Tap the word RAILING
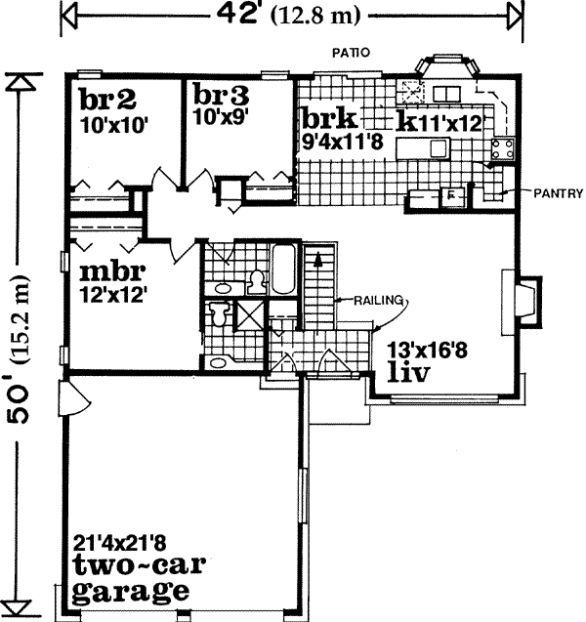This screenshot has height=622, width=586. (x=378, y=301)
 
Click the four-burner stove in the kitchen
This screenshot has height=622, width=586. (x=505, y=149)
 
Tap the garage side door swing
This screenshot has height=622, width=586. (x=71, y=397)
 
